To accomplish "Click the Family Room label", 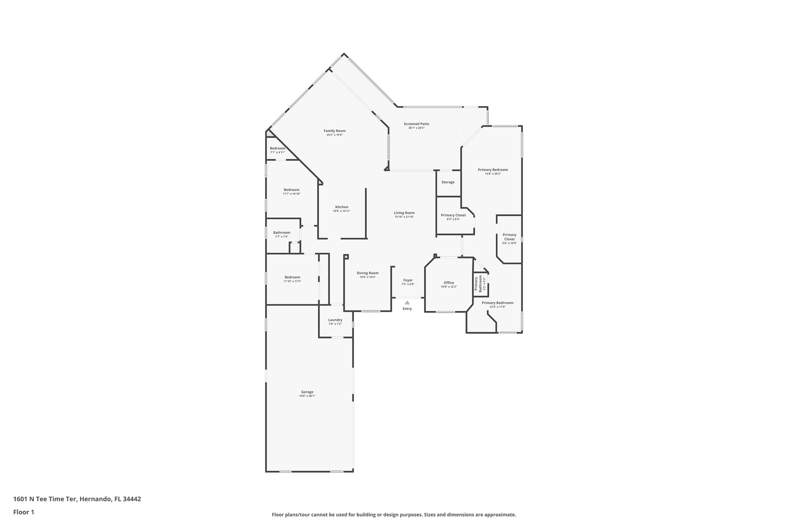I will point(334,131).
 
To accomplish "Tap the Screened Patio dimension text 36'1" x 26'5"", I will point(416,128).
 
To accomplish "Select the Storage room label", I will point(448,182).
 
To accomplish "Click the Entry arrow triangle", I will point(407,303).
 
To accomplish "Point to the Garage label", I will point(307,392).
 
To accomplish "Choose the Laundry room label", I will point(335,320).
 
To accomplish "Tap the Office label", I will point(449,283).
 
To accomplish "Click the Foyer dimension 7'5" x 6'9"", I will point(408,284).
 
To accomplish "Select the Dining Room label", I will point(368,273).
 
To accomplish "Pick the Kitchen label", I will point(342,207).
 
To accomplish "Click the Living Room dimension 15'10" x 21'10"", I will point(404,217).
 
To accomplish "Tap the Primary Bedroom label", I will point(492,170).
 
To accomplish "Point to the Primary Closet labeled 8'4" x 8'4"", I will point(453,215).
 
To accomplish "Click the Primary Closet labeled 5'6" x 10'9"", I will point(509,237).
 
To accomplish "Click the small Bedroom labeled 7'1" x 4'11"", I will point(277,148).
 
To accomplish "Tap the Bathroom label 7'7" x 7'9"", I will point(282,233).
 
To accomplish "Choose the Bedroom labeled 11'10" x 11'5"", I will point(292,277).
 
